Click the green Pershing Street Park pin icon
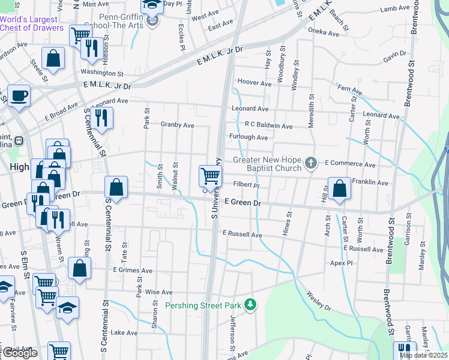[x=250, y=305]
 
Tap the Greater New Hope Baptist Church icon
[x=310, y=163]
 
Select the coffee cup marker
[x=19, y=95]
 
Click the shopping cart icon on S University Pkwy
[x=210, y=176]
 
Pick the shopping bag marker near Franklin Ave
[x=340, y=187]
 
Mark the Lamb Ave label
[x=394, y=9]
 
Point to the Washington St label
[x=101, y=74]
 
